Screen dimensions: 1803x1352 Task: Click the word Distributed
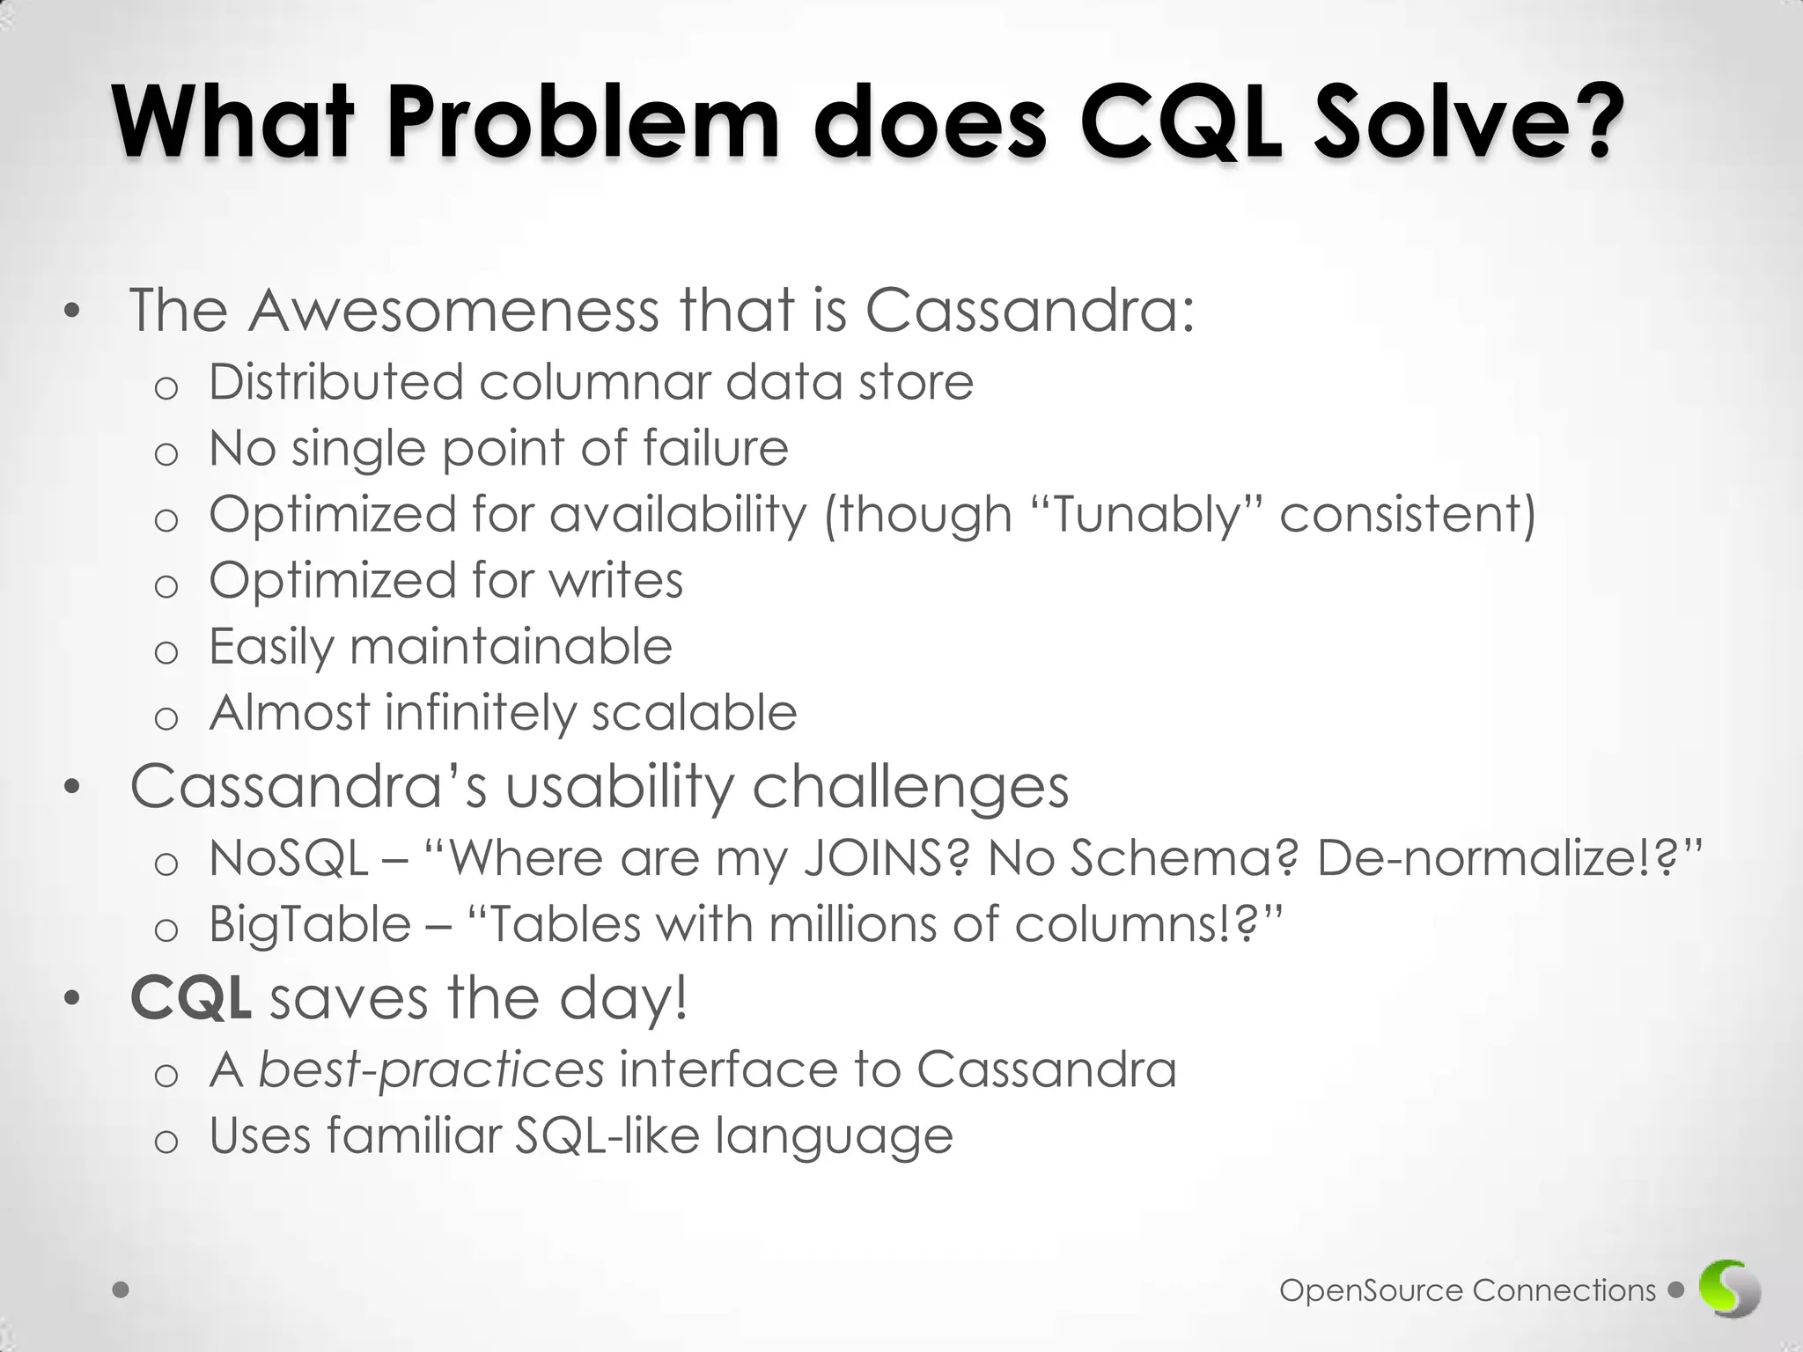(336, 382)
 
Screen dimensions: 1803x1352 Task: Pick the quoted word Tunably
(1146, 516)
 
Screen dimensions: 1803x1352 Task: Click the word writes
(616, 580)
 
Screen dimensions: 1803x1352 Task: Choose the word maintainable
(511, 646)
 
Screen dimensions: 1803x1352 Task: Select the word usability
(620, 788)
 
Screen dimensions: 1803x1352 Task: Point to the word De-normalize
(1492, 858)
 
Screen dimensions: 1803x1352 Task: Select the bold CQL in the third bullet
(191, 999)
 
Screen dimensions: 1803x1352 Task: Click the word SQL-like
(607, 1135)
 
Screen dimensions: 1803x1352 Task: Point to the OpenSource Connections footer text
(1468, 1290)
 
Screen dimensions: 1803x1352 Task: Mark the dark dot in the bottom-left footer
(121, 1290)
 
